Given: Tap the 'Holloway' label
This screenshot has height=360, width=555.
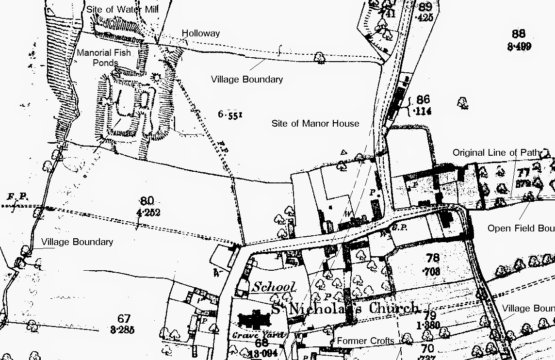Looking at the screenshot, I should tap(201, 33).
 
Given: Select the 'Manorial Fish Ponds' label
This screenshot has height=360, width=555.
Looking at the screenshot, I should tap(104, 58).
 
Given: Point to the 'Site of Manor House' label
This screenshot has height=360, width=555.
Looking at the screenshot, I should tap(315, 123).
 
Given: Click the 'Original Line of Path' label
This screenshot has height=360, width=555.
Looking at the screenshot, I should tap(496, 153).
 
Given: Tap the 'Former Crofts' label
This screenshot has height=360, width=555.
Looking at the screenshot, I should tap(365, 341).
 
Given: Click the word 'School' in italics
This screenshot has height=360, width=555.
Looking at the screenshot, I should tap(273, 287).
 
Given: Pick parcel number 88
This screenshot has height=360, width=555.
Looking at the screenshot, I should tap(519, 34).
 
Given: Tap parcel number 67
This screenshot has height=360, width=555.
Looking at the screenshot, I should tap(124, 319).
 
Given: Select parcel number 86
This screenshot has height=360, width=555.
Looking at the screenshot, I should tap(423, 100).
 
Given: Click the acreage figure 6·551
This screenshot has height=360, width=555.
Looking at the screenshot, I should tap(230, 115).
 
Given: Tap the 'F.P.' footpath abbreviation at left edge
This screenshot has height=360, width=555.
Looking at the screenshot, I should tap(16, 197).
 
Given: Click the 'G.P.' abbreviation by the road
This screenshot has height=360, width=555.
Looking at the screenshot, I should tap(399, 227).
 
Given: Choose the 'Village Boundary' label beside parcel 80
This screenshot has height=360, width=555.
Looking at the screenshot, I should tap(77, 242).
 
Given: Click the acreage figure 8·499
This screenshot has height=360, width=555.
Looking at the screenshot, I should tap(519, 47).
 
